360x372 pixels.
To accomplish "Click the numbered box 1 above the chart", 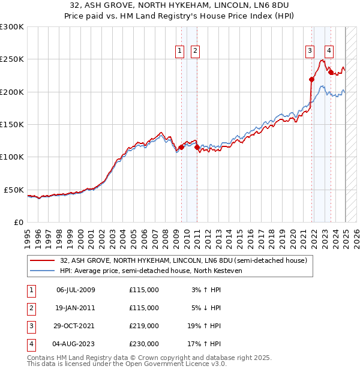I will click(180, 51).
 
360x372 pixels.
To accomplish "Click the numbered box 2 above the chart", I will click(196, 51).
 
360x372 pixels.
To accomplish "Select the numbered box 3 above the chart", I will click(310, 51).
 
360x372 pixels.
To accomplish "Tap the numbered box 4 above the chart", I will click(329, 51).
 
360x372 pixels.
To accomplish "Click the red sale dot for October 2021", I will click(312, 79).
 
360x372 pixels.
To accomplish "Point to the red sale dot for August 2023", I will click(331, 72).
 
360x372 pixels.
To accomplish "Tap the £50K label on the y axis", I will click(14, 190).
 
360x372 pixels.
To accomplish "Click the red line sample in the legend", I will click(43, 260).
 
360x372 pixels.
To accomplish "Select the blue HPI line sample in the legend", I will click(43, 271).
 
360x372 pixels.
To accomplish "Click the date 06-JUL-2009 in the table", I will click(76, 290).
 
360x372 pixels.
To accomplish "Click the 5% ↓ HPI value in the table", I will click(206, 308).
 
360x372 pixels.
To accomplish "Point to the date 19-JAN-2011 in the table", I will click(76, 308).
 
